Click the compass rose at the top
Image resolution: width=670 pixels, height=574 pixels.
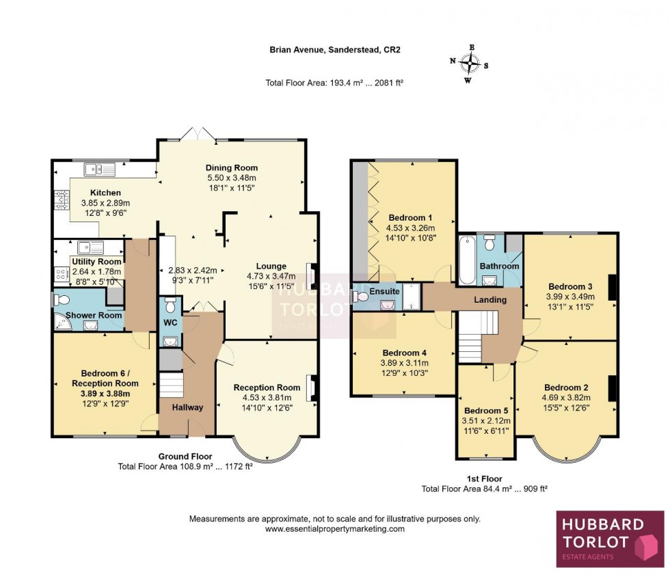pos(470,63)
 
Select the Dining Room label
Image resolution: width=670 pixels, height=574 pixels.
pos(232,167)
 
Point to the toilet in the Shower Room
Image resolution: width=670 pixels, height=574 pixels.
pos(62,299)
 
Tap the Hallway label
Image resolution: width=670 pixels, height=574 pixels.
pos(187,407)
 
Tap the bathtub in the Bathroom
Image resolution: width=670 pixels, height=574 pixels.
pos(467,260)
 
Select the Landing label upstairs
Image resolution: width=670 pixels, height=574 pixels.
pos(490,299)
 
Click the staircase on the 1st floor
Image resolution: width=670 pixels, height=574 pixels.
pos(472,331)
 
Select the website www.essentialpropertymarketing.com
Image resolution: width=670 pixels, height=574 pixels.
pos(334,529)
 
